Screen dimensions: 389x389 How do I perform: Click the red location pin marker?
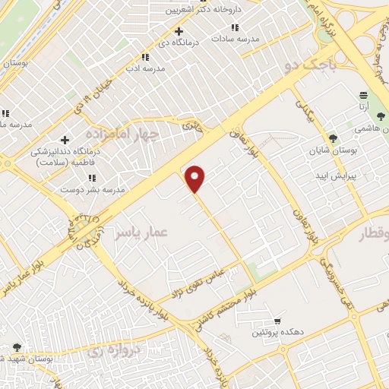click(196, 178)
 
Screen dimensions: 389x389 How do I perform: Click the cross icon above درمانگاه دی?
click(179, 31)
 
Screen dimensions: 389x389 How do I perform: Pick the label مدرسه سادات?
click(236, 37)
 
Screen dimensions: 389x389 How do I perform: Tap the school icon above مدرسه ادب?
click(145, 57)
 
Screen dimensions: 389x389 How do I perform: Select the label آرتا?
click(365, 108)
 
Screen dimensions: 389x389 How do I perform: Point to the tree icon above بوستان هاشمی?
click(380, 116)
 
